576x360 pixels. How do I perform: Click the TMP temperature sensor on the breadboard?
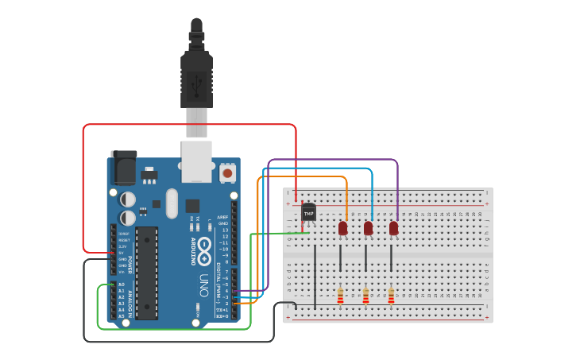pos(309,212)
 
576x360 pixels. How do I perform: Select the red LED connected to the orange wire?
pos(343,228)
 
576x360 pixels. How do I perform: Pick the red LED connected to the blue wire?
pos(368,228)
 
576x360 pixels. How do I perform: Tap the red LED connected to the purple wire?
pos(393,228)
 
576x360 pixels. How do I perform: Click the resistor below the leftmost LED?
pos(341,296)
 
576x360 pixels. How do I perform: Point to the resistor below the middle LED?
pos(365,296)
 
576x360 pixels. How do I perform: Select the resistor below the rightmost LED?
pos(391,296)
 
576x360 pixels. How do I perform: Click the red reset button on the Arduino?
pos(227,172)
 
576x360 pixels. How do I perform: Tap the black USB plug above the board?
pos(196,72)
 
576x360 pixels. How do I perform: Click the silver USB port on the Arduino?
pos(196,161)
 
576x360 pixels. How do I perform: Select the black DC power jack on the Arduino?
pos(123,167)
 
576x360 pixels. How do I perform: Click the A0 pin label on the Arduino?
pos(122,285)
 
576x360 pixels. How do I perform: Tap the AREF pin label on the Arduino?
pos(223,216)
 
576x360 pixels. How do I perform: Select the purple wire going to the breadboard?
pos(334,160)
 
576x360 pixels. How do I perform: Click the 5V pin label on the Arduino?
pos(122,253)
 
